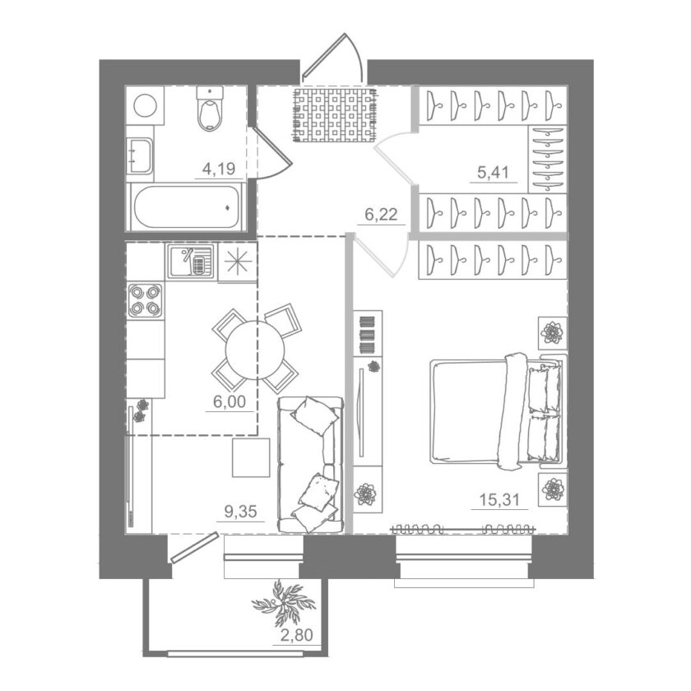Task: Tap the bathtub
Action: pyautogui.click(x=186, y=206)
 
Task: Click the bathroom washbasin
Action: pyautogui.click(x=139, y=155)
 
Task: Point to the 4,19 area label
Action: pyautogui.click(x=219, y=169)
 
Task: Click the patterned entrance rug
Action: pyautogui.click(x=336, y=114)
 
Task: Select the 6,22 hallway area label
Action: pyautogui.click(x=381, y=215)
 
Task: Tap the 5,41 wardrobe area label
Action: pyautogui.click(x=493, y=172)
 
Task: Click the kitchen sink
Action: pyautogui.click(x=190, y=262)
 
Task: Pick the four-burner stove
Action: pyautogui.click(x=145, y=300)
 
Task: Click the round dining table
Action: pyautogui.click(x=255, y=350)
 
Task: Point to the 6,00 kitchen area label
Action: pyautogui.click(x=230, y=401)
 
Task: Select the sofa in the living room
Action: pyautogui.click(x=311, y=465)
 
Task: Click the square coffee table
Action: pyautogui.click(x=251, y=457)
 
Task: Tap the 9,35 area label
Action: pyautogui.click(x=240, y=512)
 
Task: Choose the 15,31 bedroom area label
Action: pyautogui.click(x=499, y=500)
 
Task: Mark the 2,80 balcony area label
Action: pyautogui.click(x=297, y=635)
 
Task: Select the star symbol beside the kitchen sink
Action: pyautogui.click(x=238, y=262)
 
